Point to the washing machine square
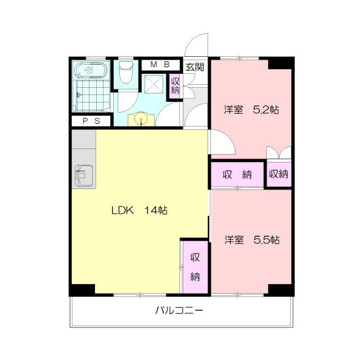click(x=152, y=85)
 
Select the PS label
click(x=91, y=121)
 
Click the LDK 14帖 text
click(x=138, y=211)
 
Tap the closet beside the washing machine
click(x=175, y=85)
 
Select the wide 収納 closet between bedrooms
click(x=237, y=174)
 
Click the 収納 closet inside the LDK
click(x=195, y=267)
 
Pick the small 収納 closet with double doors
click(x=278, y=174)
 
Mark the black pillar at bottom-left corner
click(x=82, y=290)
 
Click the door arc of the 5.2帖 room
click(x=223, y=141)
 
